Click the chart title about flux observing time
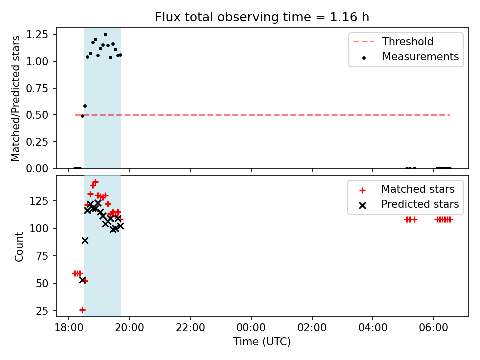coord(262,17)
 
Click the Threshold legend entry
coord(393,41)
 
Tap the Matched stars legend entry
coord(407,189)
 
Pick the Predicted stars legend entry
coord(409,204)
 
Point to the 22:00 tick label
coord(190,328)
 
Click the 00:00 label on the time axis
coord(251,328)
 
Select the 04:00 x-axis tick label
coord(373,328)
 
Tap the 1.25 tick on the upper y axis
coord(37,34)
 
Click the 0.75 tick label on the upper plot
coord(37,88)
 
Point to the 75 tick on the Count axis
coord(43,256)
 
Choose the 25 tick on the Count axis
coord(43,311)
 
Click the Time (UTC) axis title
coord(262,341)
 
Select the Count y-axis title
coord(19,247)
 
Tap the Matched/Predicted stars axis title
coord(16,98)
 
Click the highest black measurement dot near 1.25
coord(105,35)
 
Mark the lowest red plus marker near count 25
coord(82,310)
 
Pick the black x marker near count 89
coord(85,240)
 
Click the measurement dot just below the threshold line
coord(82,116)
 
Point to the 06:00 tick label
coord(434,328)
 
